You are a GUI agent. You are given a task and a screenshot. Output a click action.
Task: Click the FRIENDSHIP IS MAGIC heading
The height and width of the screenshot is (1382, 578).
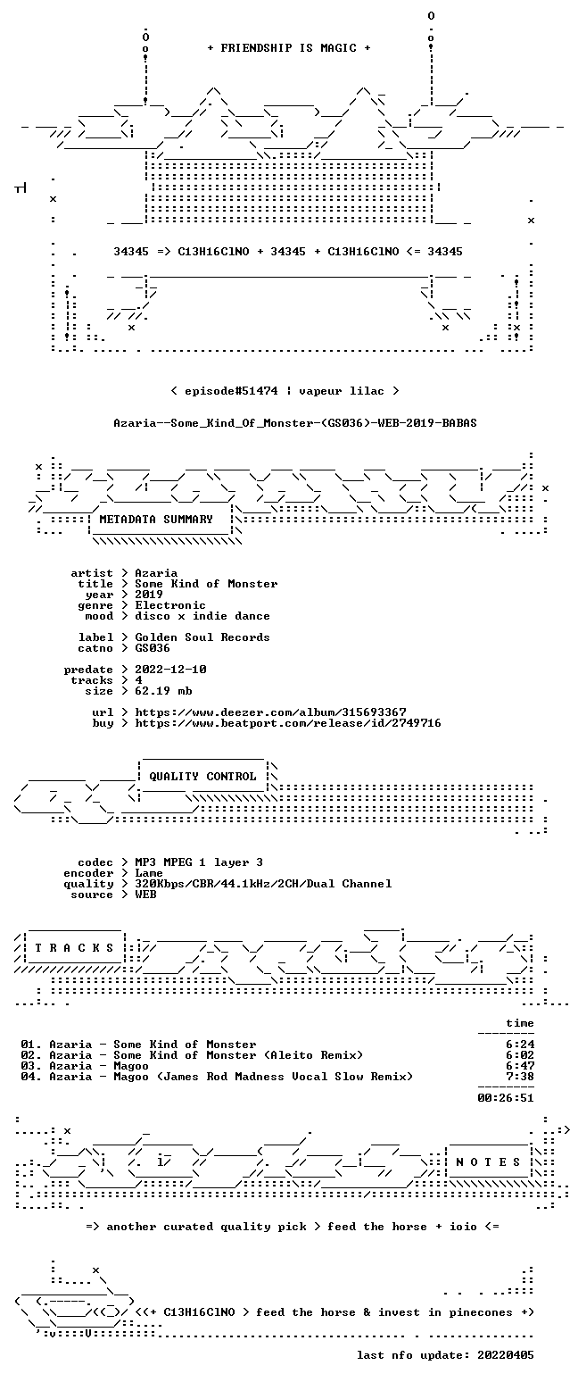289,47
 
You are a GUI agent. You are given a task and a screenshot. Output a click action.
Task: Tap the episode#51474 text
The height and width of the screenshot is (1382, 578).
231,390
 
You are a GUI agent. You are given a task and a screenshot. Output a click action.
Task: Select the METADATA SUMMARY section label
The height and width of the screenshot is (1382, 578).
156,520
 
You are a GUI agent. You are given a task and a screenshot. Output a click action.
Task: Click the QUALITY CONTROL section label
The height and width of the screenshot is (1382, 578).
202,776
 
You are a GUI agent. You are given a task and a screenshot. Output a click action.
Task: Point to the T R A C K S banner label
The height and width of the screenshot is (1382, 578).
75,947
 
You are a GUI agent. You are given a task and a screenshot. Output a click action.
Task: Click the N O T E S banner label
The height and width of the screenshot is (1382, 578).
488,1161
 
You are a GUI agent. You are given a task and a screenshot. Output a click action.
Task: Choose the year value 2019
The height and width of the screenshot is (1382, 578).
149,595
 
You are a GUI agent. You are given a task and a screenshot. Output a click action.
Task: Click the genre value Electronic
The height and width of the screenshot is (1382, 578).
170,605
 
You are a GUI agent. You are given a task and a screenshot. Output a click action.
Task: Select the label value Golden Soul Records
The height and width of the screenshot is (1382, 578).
202,637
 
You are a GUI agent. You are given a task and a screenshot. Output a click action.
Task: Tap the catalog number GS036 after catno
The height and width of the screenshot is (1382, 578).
153,648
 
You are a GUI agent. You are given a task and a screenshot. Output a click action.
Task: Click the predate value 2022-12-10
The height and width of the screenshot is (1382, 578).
170,670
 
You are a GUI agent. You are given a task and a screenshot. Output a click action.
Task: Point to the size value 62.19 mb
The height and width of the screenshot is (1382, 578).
163,691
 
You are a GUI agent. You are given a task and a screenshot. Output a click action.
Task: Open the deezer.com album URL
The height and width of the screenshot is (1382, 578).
270,712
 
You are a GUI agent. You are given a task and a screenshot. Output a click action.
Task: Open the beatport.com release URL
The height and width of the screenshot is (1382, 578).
288,723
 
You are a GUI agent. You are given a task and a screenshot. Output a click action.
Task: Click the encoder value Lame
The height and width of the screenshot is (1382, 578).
149,873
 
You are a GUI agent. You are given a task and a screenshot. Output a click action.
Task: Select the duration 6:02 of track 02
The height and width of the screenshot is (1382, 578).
520,1055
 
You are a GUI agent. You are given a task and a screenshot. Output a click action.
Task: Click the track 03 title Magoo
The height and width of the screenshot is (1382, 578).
131,1066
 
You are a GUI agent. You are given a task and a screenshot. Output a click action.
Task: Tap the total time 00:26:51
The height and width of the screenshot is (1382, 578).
506,1097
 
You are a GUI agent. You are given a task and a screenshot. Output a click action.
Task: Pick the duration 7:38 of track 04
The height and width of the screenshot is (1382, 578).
520,1077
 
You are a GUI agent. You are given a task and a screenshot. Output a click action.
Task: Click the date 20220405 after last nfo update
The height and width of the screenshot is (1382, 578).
506,1355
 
